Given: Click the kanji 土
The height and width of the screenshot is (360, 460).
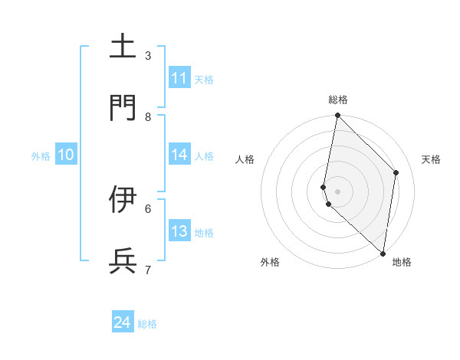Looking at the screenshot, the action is click(123, 46).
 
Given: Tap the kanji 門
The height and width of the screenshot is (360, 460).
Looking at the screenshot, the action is click(123, 108).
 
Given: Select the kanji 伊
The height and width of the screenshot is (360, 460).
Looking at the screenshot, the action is click(123, 199).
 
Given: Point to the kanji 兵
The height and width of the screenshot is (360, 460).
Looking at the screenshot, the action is click(123, 261).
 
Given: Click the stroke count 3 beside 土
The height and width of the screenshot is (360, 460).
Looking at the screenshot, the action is click(148, 55).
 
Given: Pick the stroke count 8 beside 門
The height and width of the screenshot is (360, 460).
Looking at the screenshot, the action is click(148, 116).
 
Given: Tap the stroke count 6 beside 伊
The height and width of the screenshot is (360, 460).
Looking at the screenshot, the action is click(148, 208).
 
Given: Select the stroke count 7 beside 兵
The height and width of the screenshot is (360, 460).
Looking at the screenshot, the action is click(148, 270).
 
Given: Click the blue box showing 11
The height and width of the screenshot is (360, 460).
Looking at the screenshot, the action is click(179, 78).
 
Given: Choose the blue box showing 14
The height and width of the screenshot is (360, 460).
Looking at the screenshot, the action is click(179, 155).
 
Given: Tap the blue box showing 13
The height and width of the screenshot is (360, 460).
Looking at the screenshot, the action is click(179, 231).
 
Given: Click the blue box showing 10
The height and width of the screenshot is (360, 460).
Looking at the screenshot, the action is click(66, 155).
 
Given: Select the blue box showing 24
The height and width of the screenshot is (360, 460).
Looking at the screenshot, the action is click(123, 322).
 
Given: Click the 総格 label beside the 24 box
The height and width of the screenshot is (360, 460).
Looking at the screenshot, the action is click(148, 324).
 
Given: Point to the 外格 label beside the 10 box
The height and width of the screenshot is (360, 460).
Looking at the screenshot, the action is click(41, 156).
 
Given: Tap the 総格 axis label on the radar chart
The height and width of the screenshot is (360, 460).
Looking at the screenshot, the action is click(338, 100).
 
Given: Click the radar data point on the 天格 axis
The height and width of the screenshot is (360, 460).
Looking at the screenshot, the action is click(396, 172).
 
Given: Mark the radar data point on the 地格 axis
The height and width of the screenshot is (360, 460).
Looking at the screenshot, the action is click(383, 254).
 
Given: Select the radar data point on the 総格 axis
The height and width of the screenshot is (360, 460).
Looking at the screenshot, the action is click(337, 116).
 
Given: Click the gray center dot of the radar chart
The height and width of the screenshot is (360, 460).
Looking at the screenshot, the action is click(338, 191).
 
